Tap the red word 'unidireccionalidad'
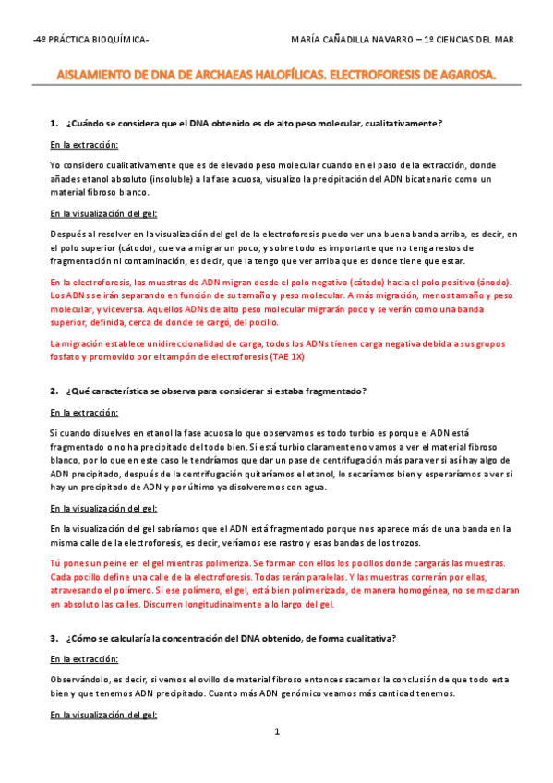pos(164,343)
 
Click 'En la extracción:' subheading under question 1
pos(84,145)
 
